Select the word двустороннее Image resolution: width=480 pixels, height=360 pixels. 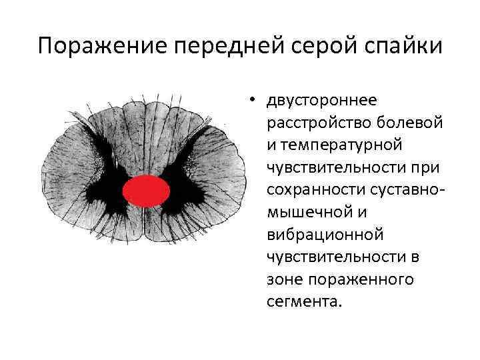point(321,101)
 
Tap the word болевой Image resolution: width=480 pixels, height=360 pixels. point(402,123)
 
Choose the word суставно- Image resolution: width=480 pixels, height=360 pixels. point(404,190)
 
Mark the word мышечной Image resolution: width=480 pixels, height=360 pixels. point(305,213)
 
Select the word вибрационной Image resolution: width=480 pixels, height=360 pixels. point(315,235)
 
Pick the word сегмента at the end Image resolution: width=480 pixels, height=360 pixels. point(303,302)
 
